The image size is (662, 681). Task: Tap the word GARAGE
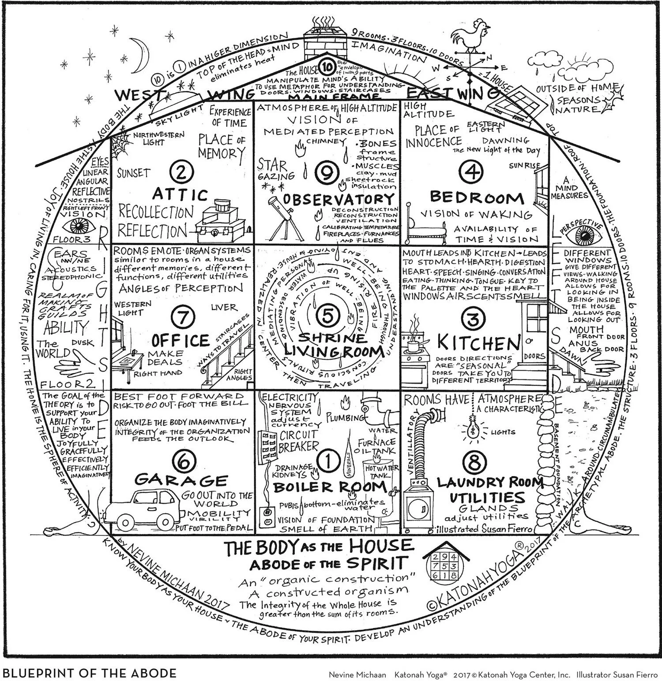[x=181, y=480]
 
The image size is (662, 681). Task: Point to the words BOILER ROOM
[x=329, y=487]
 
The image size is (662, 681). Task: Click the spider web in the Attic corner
[x=120, y=141]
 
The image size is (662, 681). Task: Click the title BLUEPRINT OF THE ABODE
[x=90, y=673]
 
